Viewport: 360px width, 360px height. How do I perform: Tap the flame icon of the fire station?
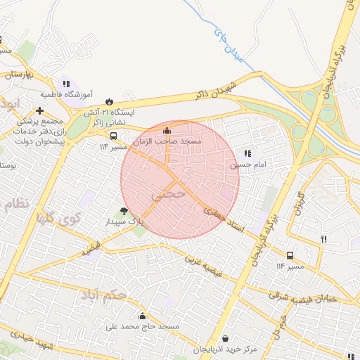coord(109,101)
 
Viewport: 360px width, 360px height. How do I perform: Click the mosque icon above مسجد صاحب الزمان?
coord(167,130)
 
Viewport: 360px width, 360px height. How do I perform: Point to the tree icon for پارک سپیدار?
coord(124,210)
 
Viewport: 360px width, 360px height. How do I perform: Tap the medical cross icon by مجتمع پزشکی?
coord(39,110)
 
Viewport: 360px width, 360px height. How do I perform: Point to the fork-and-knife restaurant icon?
coord(324,239)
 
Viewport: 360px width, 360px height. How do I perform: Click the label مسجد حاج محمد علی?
coord(142,327)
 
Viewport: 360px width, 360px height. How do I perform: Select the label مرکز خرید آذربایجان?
coord(225,349)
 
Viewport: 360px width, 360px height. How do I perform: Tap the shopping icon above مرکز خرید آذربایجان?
coord(225,338)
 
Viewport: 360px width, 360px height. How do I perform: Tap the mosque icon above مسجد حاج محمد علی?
coord(143,316)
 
